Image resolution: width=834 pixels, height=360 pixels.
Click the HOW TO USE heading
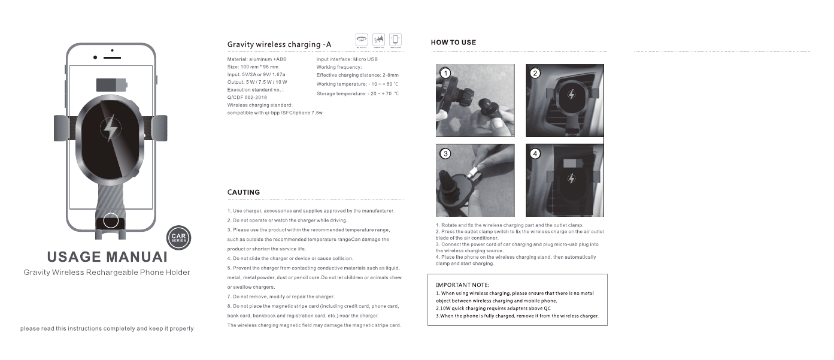tap(453, 43)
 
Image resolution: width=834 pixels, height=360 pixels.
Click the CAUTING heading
tap(244, 192)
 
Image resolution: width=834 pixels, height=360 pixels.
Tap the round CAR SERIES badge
tap(178, 239)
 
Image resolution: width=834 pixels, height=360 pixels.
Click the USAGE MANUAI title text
tap(107, 257)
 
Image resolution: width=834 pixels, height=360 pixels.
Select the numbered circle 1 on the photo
tap(445, 73)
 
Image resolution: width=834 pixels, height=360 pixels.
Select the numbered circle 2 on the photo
tap(535, 73)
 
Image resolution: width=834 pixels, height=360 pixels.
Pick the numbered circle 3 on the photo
tap(445, 153)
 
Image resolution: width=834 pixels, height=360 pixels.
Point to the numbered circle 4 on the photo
tap(535, 153)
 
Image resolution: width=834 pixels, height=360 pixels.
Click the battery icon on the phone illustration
tap(112, 84)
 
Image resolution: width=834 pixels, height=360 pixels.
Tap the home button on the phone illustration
tap(111, 220)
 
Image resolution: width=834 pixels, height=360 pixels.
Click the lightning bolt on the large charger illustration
tap(110, 128)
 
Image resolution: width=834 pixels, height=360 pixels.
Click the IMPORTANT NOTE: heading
tap(462, 285)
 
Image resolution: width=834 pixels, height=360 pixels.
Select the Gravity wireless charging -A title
tap(279, 44)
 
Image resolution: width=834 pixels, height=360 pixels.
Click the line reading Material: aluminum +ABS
tap(258, 59)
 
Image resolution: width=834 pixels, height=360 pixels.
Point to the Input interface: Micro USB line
tap(347, 59)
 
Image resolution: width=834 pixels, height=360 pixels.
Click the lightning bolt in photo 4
tap(571, 179)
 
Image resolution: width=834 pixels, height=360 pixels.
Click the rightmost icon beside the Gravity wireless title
tap(395, 40)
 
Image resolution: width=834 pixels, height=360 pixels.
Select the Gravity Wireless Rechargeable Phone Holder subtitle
tap(107, 273)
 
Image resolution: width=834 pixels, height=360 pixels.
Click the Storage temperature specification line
tap(357, 94)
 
